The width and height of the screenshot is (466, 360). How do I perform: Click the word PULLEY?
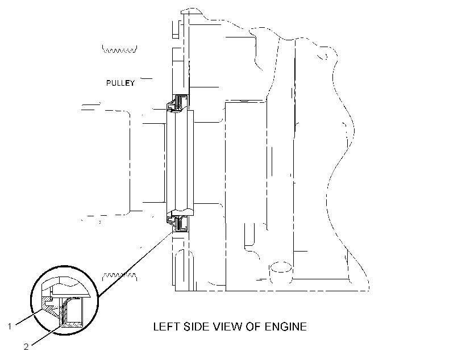click(120, 83)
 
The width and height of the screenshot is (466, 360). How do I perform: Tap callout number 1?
click(10, 326)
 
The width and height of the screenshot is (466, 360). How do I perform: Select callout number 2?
click(26, 346)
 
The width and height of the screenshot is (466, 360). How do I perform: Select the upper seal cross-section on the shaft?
click(177, 103)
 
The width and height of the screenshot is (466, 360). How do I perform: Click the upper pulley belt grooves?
click(119, 49)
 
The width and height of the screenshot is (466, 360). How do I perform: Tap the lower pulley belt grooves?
click(119, 276)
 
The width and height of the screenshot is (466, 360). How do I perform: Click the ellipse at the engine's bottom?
click(281, 267)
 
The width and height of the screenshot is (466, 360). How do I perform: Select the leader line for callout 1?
click(30, 316)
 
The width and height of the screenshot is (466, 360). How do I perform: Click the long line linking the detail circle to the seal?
click(135, 265)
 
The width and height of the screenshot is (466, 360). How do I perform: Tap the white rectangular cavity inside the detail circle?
click(74, 310)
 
